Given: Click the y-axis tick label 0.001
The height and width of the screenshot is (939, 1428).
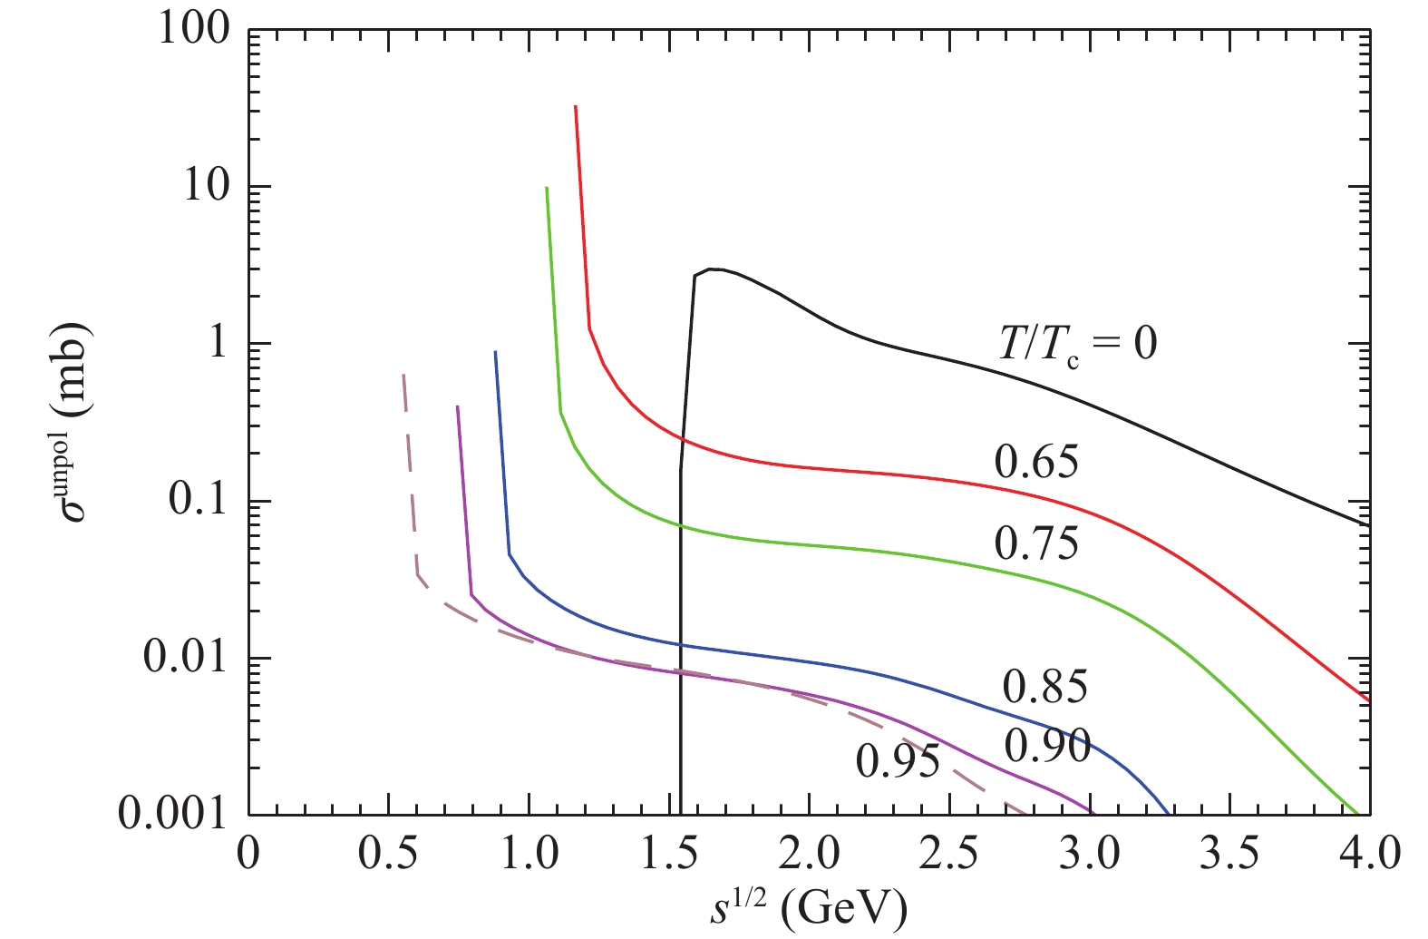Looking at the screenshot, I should coord(172,813).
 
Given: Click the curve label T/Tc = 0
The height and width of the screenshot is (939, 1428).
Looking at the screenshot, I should coord(1077,344).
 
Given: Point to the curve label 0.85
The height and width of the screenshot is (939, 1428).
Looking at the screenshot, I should coord(1044,687).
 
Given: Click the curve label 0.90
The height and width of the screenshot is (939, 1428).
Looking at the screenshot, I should coord(1047,746).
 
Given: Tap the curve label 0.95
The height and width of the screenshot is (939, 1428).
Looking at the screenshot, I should coord(898,761).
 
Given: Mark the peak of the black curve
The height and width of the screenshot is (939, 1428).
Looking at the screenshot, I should coord(713,269).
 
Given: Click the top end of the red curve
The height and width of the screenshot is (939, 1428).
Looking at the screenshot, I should coord(576,106).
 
